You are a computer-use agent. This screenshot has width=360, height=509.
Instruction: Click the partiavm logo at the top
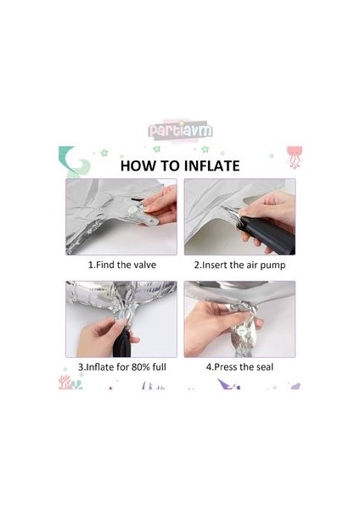pos(180,130)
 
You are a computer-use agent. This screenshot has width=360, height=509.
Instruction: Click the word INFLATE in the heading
pos(212,166)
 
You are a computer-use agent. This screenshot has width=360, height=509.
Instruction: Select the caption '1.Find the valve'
pos(122,265)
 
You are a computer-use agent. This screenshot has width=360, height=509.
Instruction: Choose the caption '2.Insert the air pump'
pos(239,266)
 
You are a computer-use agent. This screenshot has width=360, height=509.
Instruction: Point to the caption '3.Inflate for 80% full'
pos(122,367)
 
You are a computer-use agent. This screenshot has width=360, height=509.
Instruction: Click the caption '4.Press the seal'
pos(239,367)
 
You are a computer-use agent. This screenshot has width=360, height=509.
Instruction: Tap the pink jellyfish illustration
pos(295,157)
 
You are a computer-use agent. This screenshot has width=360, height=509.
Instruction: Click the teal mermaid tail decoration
pos(73,161)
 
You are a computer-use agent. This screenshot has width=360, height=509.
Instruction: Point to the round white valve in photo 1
pos(132,211)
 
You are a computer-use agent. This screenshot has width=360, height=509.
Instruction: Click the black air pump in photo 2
pos(267,232)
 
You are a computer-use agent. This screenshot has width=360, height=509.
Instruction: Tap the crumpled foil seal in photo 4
pos(244,327)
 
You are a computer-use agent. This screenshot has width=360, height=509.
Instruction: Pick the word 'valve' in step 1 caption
pos(144,265)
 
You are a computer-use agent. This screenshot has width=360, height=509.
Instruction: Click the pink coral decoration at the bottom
pos(65,383)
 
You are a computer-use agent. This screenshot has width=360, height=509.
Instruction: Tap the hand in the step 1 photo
pos(160,204)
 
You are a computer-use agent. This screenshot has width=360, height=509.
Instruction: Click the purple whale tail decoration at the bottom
pos(228,384)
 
